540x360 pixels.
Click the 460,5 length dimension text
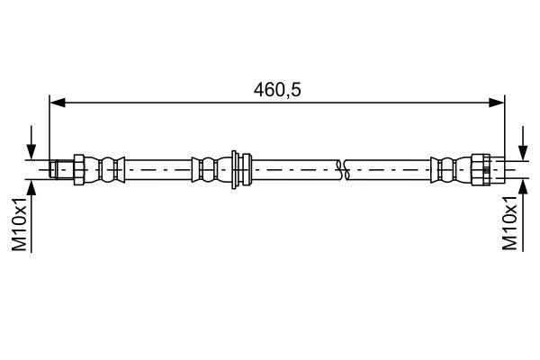pyautogui.click(x=275, y=90)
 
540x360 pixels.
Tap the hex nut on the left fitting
pyautogui.click(x=78, y=166)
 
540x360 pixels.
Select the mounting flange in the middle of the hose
pyautogui.click(x=236, y=166)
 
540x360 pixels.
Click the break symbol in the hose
pyautogui.click(x=340, y=166)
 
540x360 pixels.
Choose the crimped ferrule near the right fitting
pyautogui.click(x=445, y=166)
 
